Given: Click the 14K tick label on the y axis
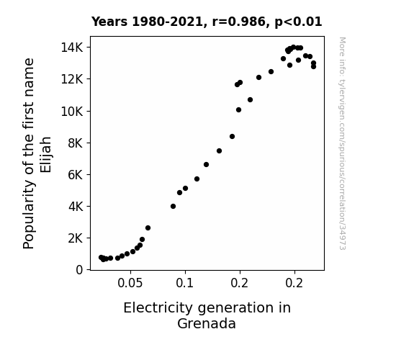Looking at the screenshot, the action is pos(72,48).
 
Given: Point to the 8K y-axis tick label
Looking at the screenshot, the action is pos(76,143).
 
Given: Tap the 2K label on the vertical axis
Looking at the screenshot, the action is pos(76,238).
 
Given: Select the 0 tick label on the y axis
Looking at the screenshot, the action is pos(79,270).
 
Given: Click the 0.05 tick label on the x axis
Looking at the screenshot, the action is pos(130,283).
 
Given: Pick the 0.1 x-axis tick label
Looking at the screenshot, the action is pos(185,283).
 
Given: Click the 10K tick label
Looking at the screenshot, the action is pos(72,112).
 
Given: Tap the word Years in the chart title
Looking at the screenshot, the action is pos(109,22).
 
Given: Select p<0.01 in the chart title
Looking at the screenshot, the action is pos(298,22).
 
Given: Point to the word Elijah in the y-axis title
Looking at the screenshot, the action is pos(45,155).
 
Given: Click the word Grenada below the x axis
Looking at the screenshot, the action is pos(207,323).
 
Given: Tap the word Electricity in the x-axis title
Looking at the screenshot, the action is pos(158,308).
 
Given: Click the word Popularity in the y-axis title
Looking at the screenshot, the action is pos(29,215).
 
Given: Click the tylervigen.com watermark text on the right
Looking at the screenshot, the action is pos(342,143).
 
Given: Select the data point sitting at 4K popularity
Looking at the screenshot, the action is pos(174,207).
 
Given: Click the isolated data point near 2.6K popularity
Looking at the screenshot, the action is pos(148,228).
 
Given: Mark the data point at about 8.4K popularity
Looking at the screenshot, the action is pos(232,137).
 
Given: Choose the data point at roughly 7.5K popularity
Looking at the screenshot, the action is pos(219,150).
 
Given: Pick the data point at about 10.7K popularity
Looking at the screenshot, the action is pos(250,100).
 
